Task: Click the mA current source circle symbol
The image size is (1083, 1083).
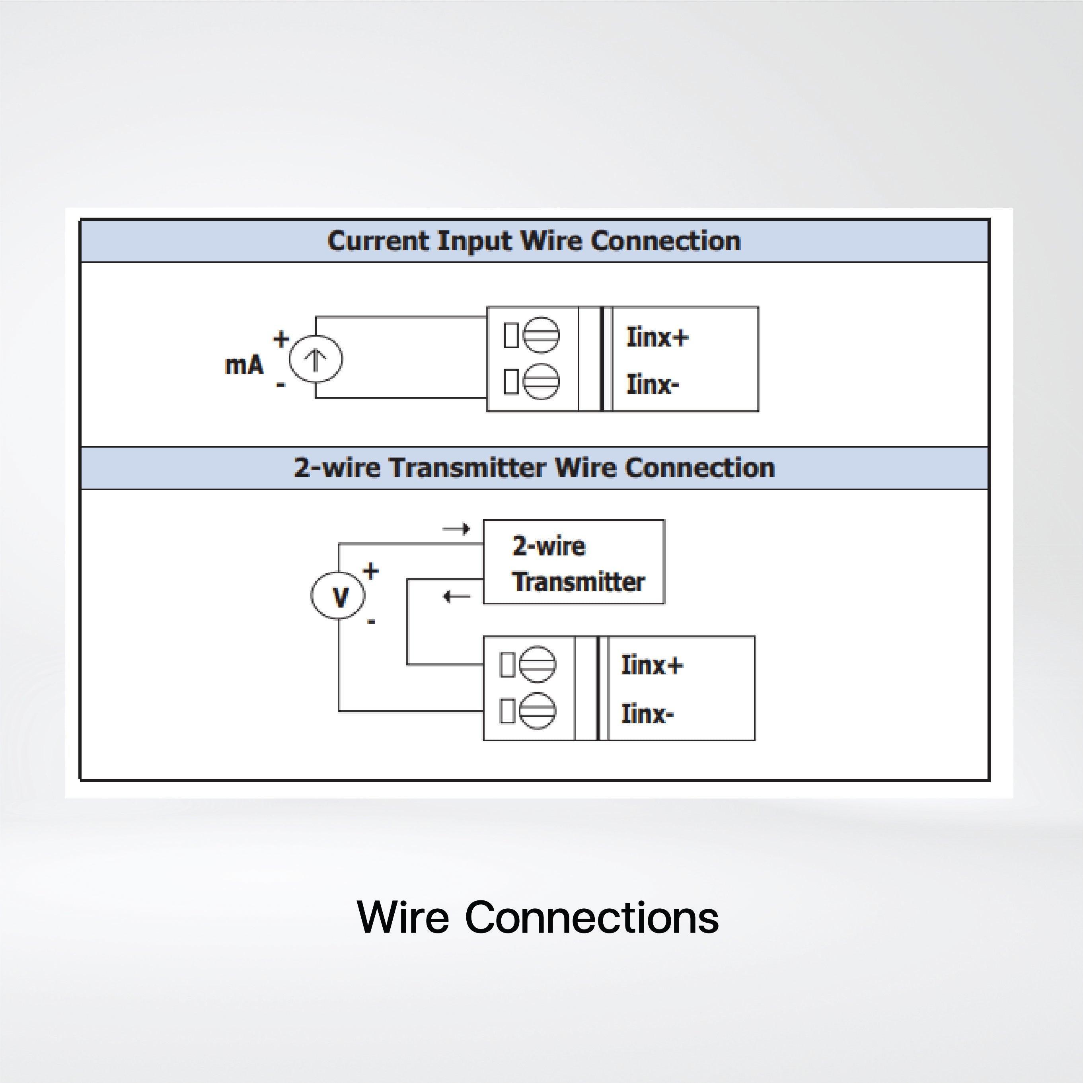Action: click(316, 359)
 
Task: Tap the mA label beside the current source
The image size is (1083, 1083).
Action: click(244, 366)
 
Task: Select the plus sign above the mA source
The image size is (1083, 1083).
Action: click(281, 339)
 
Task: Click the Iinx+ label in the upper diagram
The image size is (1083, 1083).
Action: click(657, 337)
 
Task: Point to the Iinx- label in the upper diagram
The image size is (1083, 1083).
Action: click(653, 385)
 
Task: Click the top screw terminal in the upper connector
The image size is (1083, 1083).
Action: click(541, 336)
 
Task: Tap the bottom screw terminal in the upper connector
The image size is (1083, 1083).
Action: click(541, 382)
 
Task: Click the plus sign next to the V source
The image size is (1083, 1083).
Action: click(370, 571)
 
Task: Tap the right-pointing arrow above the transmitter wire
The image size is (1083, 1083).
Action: click(456, 529)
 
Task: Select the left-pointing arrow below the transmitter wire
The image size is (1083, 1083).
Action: click(456, 596)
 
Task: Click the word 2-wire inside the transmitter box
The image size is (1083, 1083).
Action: click(549, 546)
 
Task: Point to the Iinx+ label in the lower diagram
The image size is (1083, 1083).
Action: click(652, 665)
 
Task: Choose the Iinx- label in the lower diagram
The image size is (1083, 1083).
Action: click(647, 714)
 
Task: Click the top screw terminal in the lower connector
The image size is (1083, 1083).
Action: click(538, 665)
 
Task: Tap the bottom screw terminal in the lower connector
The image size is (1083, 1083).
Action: click(538, 711)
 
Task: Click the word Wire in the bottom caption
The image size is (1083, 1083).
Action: click(403, 918)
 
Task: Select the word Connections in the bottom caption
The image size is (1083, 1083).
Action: click(591, 918)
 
